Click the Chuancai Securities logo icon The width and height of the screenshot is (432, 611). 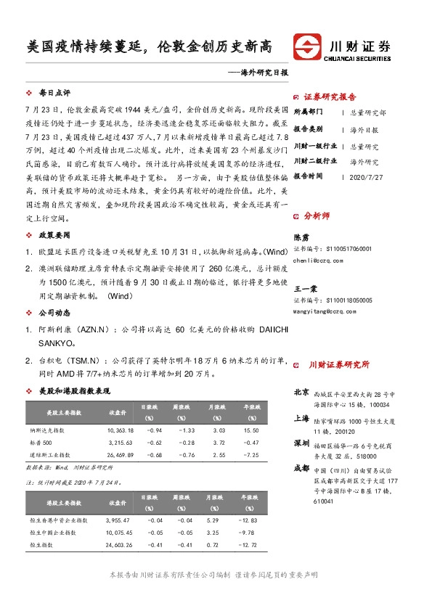click(x=306, y=47)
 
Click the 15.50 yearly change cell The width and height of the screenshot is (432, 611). click(x=251, y=431)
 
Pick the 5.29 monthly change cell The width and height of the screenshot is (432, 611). click(x=213, y=520)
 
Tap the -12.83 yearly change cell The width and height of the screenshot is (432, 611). click(x=250, y=520)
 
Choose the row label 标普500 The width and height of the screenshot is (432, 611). click(x=40, y=443)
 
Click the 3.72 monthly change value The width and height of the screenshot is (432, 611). click(x=213, y=443)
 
